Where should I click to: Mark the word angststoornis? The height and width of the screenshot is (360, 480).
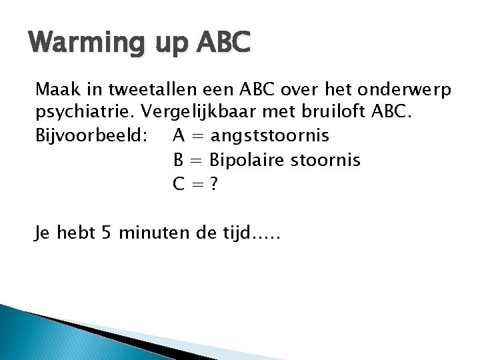[269, 136]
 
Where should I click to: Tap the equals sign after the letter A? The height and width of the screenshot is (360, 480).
[197, 136]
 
